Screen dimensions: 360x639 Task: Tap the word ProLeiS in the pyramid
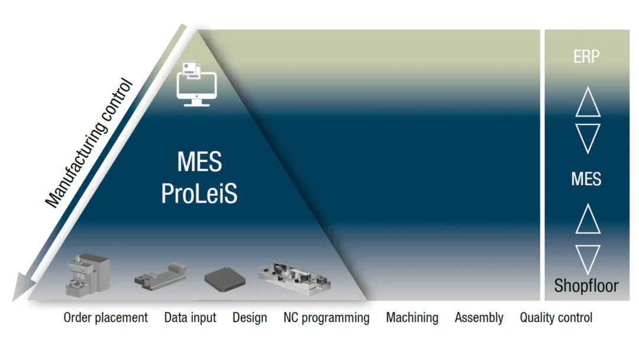click(199, 194)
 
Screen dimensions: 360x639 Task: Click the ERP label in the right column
click(586, 57)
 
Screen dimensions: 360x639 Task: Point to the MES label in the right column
click(586, 179)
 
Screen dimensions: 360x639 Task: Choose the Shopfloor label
click(586, 286)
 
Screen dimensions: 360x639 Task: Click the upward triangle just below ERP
click(588, 103)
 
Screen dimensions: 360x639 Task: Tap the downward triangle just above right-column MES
click(588, 137)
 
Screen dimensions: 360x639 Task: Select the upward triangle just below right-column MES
click(588, 219)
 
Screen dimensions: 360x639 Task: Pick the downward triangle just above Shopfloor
click(588, 258)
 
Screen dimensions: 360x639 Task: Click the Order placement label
click(105, 318)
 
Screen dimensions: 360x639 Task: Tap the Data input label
click(190, 318)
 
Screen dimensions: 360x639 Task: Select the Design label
click(250, 318)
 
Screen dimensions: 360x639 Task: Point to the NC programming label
click(326, 318)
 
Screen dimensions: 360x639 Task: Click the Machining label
click(412, 318)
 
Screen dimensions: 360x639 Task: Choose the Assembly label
click(479, 318)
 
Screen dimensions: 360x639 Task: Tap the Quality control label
click(556, 318)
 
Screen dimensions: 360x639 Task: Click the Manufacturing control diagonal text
click(89, 144)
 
